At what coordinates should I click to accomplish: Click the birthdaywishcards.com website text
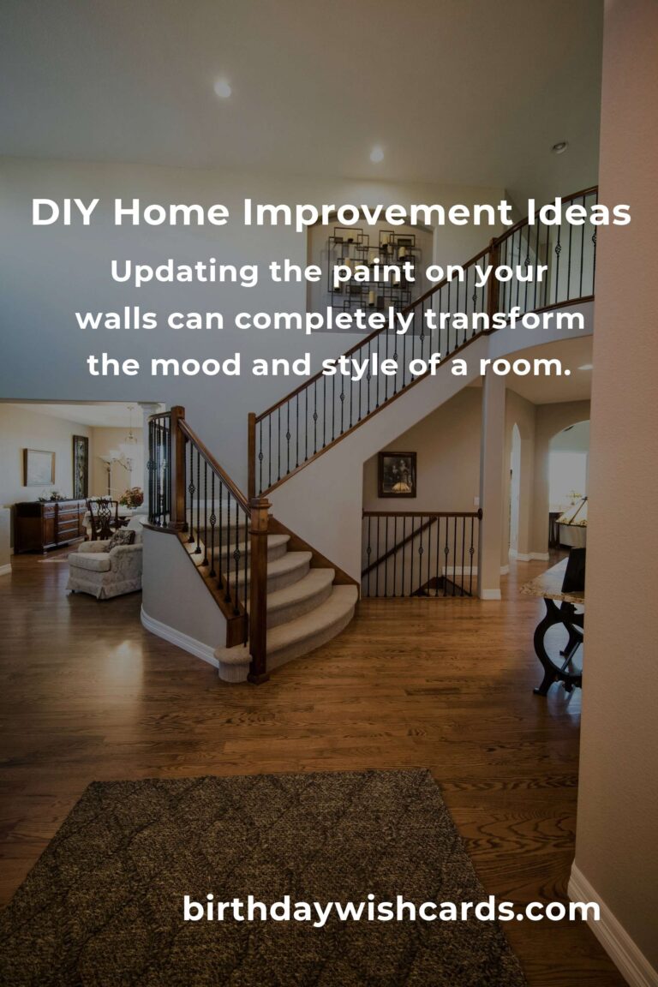tap(391, 909)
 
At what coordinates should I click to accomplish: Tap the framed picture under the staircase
tap(397, 474)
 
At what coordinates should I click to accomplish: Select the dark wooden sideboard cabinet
tap(48, 525)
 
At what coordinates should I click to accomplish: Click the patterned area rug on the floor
tap(257, 874)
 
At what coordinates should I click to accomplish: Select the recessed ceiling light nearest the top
tap(222, 88)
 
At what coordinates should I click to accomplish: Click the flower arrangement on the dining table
tap(132, 497)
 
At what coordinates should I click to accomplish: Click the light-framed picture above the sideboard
tap(39, 467)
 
